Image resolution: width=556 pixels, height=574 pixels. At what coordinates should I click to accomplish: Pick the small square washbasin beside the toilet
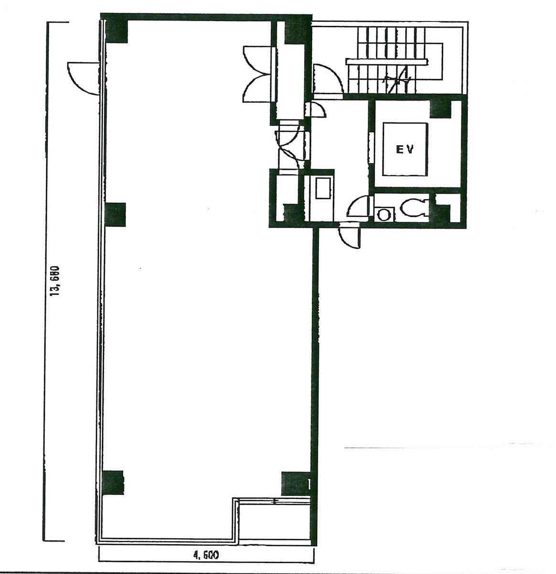[x=383, y=213]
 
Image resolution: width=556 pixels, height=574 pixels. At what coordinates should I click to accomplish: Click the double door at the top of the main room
[x=257, y=74]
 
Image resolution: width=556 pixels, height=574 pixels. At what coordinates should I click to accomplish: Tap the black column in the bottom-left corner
[x=113, y=482]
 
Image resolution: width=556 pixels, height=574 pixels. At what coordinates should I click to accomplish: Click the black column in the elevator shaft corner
[x=440, y=109]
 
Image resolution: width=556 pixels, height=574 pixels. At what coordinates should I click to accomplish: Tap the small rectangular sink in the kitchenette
[x=321, y=188]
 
